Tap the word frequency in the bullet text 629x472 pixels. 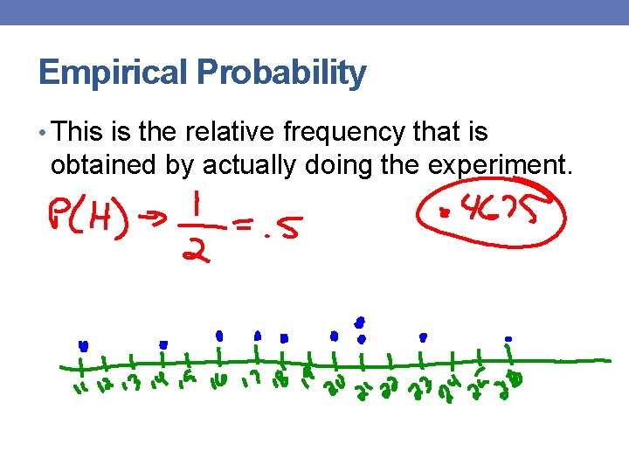(343, 132)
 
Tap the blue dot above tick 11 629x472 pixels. (83, 344)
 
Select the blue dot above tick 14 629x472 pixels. (163, 344)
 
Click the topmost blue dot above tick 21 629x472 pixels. (360, 321)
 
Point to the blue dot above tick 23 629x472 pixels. (424, 336)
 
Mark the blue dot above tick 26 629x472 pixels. (508, 338)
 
